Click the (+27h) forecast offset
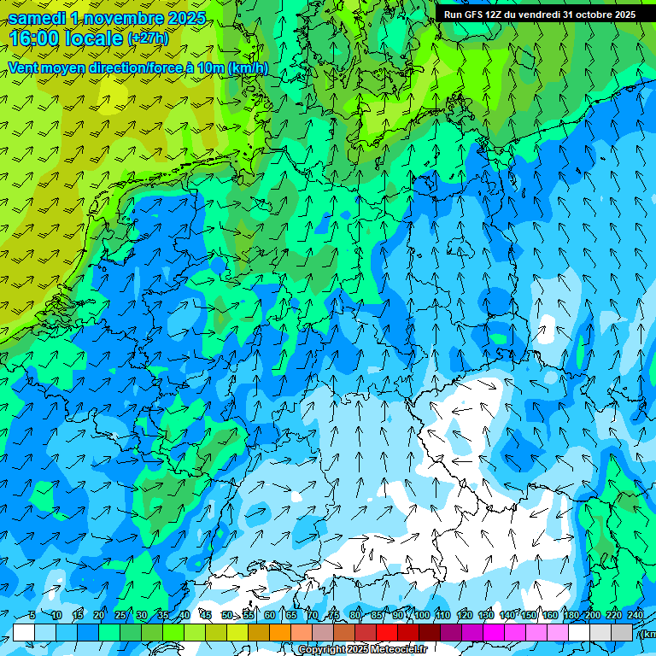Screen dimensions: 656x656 148,38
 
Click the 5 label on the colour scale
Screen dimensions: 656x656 32,616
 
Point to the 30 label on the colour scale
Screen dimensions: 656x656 142,616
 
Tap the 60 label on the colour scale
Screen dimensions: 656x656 270,616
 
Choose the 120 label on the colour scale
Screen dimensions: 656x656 465,616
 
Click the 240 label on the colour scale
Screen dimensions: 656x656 635,616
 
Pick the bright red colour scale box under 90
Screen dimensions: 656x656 387,632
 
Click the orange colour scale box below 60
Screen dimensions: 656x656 259,632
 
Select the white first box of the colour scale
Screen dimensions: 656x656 24,632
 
